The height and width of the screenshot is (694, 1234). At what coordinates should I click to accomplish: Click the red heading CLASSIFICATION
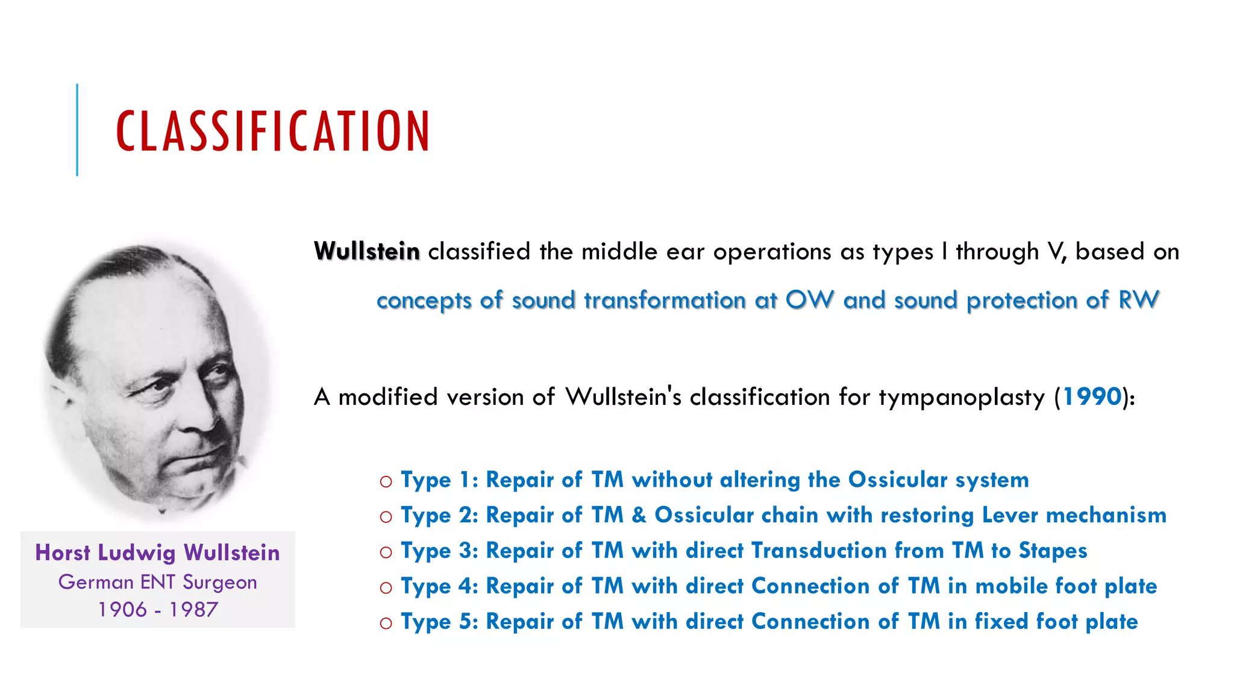(x=272, y=131)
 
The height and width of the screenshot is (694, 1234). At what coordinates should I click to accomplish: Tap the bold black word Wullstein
(x=366, y=251)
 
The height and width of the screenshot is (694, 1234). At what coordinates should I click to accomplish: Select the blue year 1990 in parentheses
(x=1092, y=397)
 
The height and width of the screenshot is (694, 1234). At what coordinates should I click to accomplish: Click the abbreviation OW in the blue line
(x=810, y=300)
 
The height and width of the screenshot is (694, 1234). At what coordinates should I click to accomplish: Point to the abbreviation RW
(x=1138, y=300)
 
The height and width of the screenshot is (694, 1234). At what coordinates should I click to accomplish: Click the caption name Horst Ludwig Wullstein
(x=157, y=553)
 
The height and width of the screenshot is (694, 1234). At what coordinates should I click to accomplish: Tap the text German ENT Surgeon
(x=157, y=582)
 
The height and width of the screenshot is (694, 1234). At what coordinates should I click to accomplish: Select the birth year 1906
(x=123, y=610)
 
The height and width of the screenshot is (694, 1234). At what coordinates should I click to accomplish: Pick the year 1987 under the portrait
(x=193, y=610)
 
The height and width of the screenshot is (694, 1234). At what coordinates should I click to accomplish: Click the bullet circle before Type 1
(x=386, y=481)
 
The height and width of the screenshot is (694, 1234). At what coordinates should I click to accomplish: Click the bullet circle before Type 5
(x=386, y=624)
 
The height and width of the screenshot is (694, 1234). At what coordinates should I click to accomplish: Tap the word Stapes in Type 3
(x=1053, y=551)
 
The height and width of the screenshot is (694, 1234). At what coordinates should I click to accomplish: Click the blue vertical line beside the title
(x=77, y=130)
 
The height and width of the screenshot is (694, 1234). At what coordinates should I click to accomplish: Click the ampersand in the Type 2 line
(x=639, y=515)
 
